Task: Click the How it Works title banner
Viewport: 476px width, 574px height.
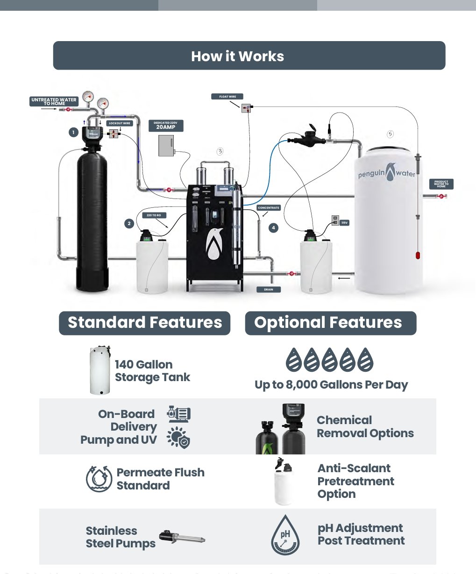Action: click(x=249, y=56)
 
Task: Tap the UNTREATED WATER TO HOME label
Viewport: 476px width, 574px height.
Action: click(x=54, y=101)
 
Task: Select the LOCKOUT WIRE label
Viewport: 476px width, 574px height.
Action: click(x=120, y=123)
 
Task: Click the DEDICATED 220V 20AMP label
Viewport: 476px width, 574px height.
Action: click(x=166, y=126)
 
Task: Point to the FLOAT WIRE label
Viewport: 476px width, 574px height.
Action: click(x=227, y=97)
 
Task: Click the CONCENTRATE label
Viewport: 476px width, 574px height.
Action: click(x=269, y=208)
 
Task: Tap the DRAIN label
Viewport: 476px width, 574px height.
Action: click(x=269, y=290)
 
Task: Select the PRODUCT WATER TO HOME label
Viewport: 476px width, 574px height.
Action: click(x=441, y=184)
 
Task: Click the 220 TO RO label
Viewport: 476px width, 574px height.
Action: click(x=154, y=215)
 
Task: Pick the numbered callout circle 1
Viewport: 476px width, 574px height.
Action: click(x=73, y=133)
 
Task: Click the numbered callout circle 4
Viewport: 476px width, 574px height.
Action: click(x=273, y=228)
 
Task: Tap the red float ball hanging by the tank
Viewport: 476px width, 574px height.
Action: click(x=418, y=255)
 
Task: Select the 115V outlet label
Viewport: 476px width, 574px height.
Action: click(x=344, y=223)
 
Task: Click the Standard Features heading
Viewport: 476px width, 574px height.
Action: click(x=144, y=323)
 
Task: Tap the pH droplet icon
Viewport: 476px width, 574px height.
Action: click(x=285, y=535)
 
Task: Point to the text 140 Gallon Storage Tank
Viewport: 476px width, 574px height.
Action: click(x=152, y=371)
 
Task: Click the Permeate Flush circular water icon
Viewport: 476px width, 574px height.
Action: click(x=99, y=479)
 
